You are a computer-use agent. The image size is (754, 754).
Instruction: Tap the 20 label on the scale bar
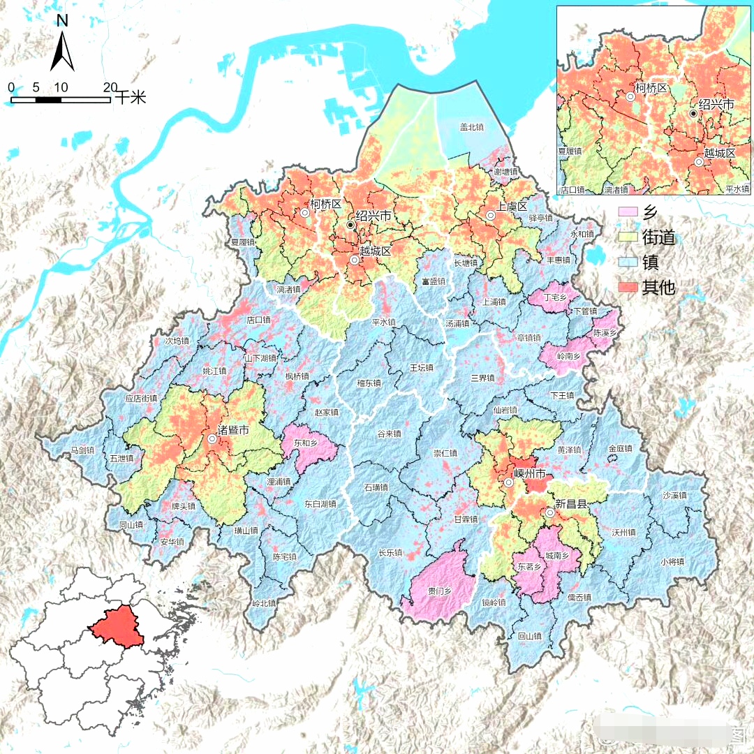tap(110, 87)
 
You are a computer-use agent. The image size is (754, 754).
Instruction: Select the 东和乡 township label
tap(306, 443)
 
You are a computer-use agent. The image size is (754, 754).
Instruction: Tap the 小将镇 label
tap(673, 561)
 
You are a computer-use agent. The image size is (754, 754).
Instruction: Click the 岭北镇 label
tap(265, 603)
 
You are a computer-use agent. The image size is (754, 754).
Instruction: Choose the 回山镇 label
tap(530, 636)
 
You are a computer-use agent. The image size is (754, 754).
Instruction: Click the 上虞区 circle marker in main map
tap(491, 216)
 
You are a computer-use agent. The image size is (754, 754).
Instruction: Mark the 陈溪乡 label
tap(605, 333)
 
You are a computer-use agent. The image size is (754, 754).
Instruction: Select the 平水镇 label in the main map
tap(383, 323)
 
